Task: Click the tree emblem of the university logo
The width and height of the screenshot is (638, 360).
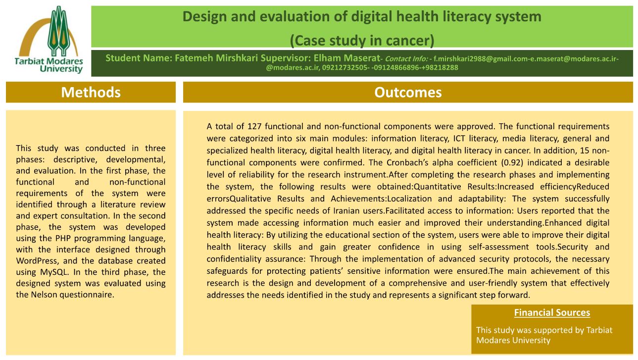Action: pyautogui.click(x=59, y=31)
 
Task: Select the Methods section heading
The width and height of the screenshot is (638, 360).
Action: pyautogui.click(x=91, y=92)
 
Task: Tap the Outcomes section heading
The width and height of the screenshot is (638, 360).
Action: pyautogui.click(x=408, y=92)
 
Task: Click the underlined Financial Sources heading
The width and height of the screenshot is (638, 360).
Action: pyautogui.click(x=552, y=312)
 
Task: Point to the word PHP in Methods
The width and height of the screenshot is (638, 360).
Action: pyautogui.click(x=63, y=238)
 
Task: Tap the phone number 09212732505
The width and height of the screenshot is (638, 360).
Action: pyautogui.click(x=344, y=68)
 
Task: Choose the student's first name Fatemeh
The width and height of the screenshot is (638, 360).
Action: pyautogui.click(x=194, y=58)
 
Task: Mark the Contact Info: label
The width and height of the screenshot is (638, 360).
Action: pyautogui.click(x=406, y=59)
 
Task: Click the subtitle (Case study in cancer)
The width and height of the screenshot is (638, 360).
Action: pyautogui.click(x=362, y=41)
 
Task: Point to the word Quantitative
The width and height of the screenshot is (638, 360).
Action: pyautogui.click(x=438, y=187)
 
